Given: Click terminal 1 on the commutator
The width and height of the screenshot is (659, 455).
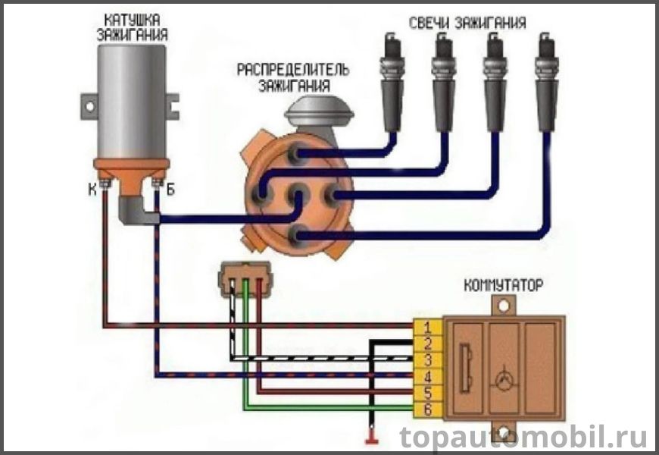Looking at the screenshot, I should [x=428, y=328].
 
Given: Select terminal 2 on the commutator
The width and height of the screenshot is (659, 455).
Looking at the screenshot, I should [x=428, y=344].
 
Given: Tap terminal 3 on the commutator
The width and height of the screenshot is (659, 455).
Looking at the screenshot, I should [x=428, y=359].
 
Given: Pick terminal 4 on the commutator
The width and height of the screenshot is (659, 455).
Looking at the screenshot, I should [x=428, y=376].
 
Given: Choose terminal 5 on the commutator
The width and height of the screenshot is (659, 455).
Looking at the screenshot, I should [x=428, y=393].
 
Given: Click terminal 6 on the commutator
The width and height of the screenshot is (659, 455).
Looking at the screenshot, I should [x=428, y=409].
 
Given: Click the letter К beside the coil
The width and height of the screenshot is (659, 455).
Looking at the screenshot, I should [x=92, y=190].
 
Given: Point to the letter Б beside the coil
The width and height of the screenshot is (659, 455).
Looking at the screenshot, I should [x=171, y=190].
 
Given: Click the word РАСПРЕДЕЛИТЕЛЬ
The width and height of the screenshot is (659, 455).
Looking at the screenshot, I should [x=293, y=70].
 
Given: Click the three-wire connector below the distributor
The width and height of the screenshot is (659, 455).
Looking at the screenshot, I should [x=243, y=278].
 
